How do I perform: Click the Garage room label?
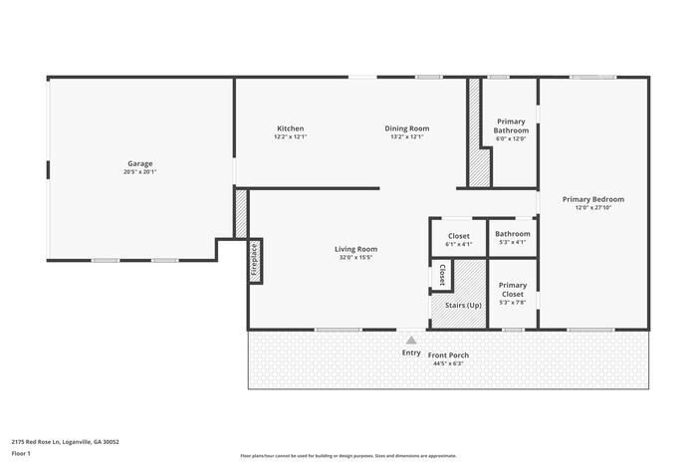pos(139,163)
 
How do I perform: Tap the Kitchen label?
pos(290,128)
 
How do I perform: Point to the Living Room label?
pos(354,249)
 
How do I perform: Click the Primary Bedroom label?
pos(592,199)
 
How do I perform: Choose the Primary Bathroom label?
pos(511,125)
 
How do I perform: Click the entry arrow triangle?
pos(410,341)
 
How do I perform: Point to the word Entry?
pos(410,352)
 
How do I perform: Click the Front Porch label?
pos(448,354)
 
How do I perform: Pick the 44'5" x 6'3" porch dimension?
pos(448,363)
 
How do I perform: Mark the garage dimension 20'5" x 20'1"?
pos(139,172)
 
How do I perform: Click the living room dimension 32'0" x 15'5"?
pos(354,258)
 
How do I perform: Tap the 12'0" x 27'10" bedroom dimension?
pos(592,208)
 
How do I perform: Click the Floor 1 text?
pos(21,453)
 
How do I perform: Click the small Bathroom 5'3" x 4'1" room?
pos(513,237)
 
